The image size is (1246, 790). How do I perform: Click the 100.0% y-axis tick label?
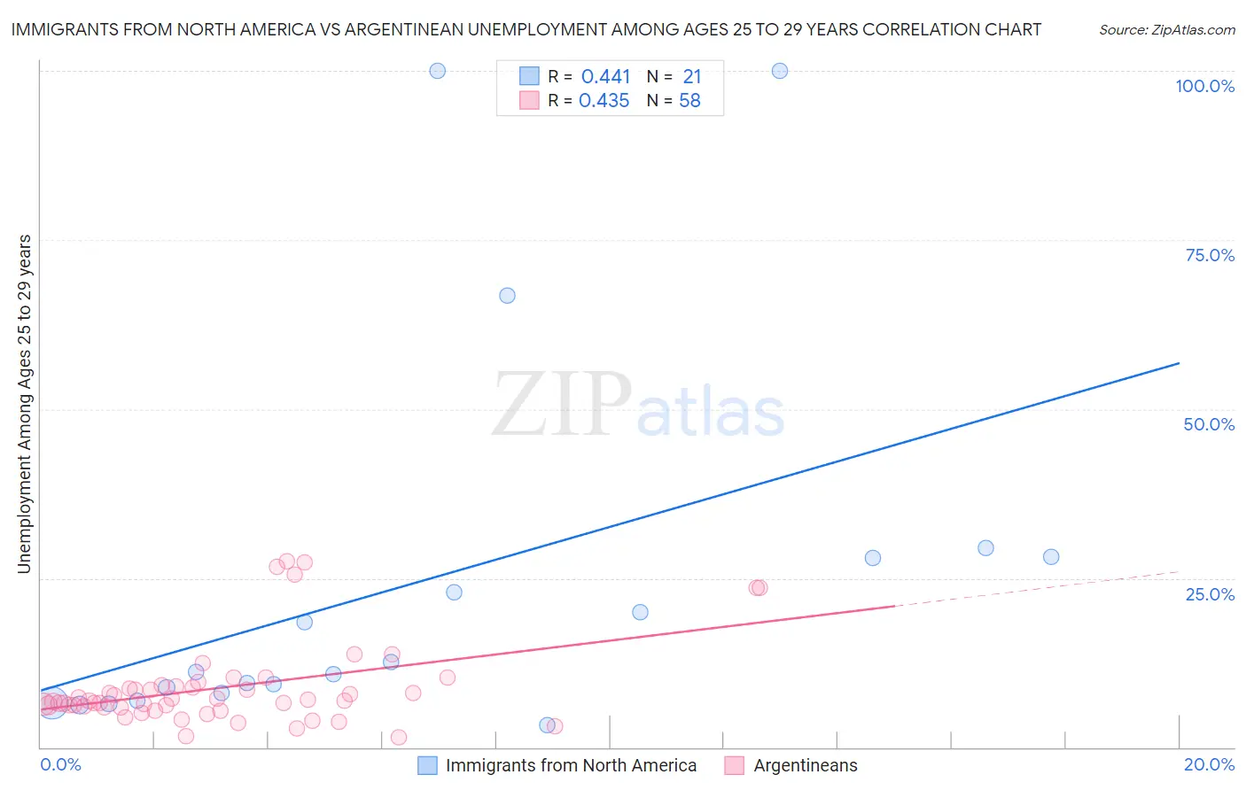click(x=1204, y=86)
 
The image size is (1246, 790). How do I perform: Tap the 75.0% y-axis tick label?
click(x=1210, y=255)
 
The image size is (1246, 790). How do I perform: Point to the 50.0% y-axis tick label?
click(x=1209, y=424)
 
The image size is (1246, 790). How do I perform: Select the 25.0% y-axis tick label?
click(x=1210, y=594)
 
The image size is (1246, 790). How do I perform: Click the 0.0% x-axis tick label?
click(x=60, y=764)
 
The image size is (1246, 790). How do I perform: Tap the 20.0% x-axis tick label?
click(x=1209, y=764)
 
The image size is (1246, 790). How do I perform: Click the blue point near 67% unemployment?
click(x=507, y=296)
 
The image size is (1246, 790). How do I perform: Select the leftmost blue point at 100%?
click(x=437, y=71)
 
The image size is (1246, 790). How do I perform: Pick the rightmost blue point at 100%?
click(x=780, y=71)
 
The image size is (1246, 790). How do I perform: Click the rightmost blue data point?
click(x=1051, y=557)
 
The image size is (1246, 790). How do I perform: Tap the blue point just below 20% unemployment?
click(x=640, y=612)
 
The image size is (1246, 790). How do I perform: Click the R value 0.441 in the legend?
click(x=605, y=76)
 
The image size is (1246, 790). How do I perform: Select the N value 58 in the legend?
click(x=689, y=101)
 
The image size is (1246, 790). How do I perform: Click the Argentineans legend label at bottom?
click(x=806, y=765)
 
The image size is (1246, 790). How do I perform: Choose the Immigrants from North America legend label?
click(x=571, y=765)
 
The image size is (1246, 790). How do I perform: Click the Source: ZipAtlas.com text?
click(x=1166, y=30)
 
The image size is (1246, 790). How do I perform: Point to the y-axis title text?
click(x=25, y=404)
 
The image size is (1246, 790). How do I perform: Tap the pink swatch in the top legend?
click(x=529, y=100)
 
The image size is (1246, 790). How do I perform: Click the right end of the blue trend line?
click(x=1179, y=363)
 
